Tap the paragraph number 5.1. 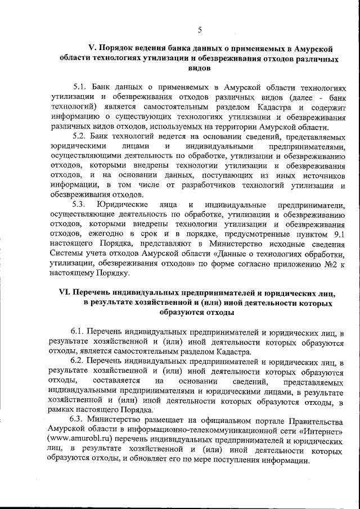83,88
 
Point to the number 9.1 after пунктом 335,234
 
